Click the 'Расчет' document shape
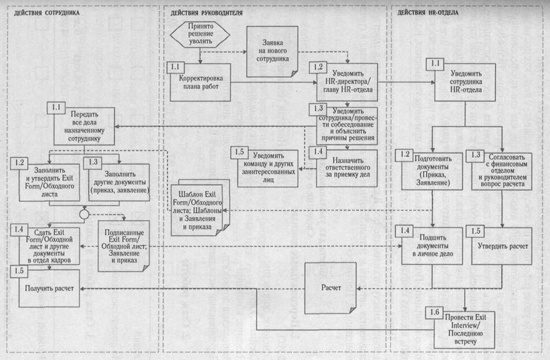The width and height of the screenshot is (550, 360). click(331, 288)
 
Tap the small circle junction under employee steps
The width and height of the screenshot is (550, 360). click(82, 214)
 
